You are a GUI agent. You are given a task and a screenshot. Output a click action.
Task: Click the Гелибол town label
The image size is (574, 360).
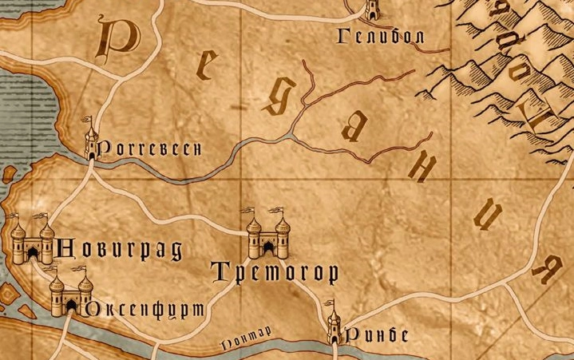pyautogui.click(x=379, y=36)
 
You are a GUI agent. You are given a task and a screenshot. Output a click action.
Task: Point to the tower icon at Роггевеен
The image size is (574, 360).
pyautogui.click(x=91, y=140)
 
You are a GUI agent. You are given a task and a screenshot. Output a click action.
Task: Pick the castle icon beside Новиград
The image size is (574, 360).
pyautogui.click(x=32, y=240)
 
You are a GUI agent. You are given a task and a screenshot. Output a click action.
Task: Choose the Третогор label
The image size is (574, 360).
pyautogui.click(x=275, y=272)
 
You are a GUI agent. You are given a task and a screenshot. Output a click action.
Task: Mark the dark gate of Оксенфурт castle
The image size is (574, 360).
pyautogui.click(x=70, y=308)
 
